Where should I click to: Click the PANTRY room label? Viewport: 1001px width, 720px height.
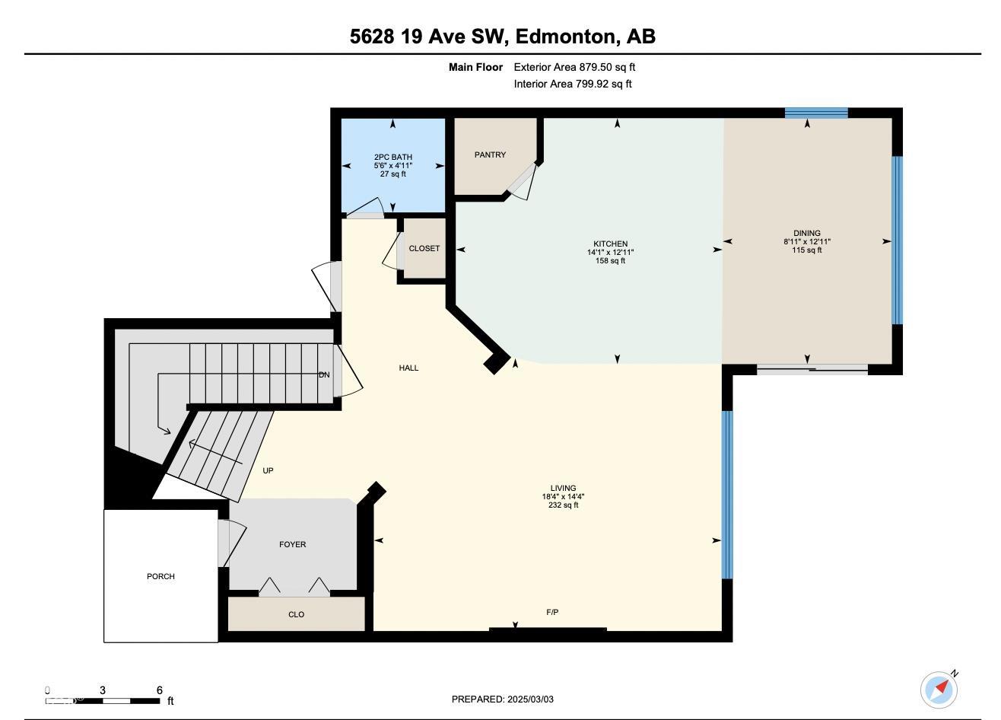490,155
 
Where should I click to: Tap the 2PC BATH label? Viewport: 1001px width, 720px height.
393,157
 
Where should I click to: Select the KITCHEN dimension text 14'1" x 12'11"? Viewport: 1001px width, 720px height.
611,252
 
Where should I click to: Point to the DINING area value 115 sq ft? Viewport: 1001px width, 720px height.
807,250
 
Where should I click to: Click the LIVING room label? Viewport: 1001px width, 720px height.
563,488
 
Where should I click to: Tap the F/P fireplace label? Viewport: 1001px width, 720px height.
552,612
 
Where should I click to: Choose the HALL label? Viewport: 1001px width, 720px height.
409,368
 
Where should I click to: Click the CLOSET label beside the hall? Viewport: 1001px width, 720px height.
424,248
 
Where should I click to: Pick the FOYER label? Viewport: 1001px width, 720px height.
293,544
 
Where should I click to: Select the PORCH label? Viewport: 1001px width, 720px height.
161,576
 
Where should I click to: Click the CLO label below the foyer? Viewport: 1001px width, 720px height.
297,614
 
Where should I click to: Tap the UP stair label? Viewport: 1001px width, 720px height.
268,470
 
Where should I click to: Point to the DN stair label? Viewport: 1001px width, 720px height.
324,374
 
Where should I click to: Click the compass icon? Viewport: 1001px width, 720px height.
939,690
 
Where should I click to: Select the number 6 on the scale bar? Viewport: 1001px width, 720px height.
160,690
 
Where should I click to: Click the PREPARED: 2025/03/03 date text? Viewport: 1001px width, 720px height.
502,699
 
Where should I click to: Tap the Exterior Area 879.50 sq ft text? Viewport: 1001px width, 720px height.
574,67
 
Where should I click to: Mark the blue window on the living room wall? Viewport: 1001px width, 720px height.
727,495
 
